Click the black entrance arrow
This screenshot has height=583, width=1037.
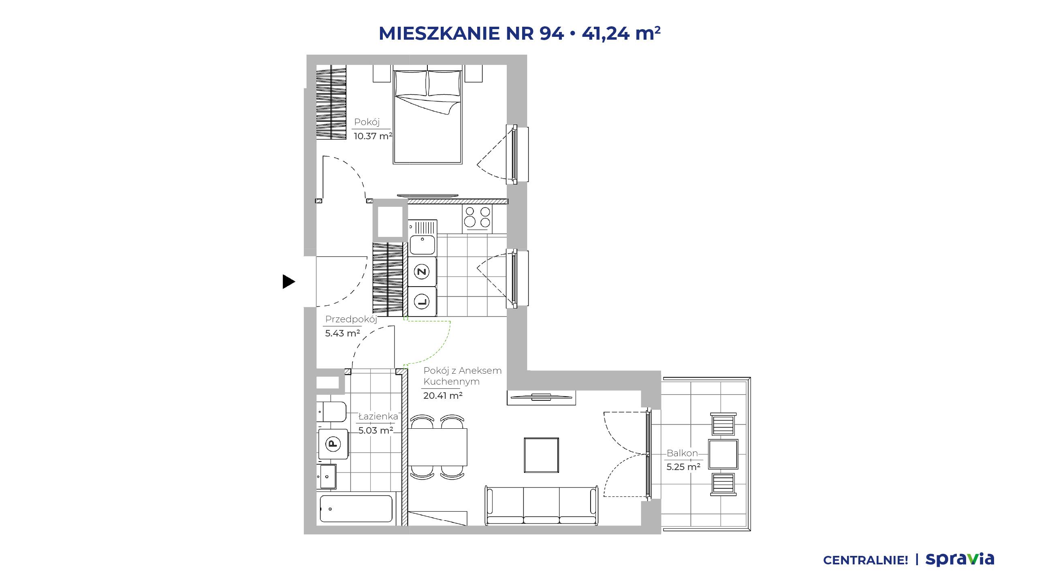tap(288, 281)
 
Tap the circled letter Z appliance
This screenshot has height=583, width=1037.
tap(422, 271)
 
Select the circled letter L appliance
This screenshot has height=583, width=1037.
tap(422, 301)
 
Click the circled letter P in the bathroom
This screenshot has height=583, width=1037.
tap(333, 444)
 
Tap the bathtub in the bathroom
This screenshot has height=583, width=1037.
tap(356, 509)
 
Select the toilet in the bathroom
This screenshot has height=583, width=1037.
tap(331, 412)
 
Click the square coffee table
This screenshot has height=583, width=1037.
tap(541, 455)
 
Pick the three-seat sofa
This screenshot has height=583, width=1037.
tap(541, 506)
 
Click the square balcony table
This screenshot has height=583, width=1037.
tap(723, 454)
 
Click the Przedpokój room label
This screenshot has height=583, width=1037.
tap(351, 319)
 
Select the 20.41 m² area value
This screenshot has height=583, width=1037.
tap(443, 396)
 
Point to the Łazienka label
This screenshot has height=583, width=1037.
tap(378, 416)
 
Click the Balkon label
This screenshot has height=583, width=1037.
tap(682, 453)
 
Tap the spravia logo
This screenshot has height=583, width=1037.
tap(960, 560)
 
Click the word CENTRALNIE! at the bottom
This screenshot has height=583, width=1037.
tap(866, 560)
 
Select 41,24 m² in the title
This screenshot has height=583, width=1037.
tap(621, 33)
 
